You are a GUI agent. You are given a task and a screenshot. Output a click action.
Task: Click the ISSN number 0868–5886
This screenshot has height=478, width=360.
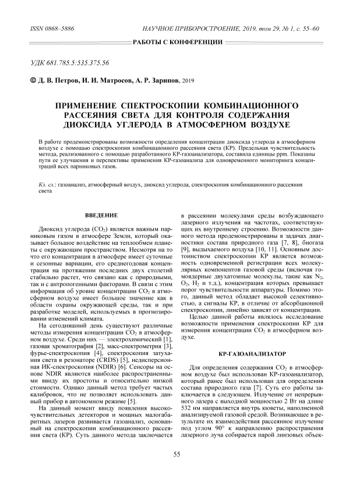pyautogui.click(x=55, y=28)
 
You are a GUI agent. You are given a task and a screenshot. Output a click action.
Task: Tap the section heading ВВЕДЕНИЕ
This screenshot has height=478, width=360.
pyautogui.click(x=98, y=216)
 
